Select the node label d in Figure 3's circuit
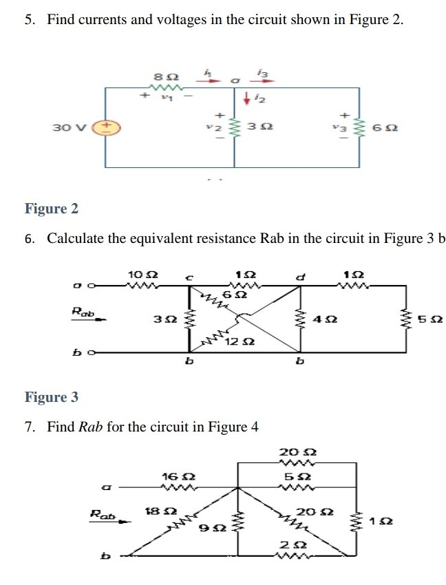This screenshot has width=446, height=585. (299, 277)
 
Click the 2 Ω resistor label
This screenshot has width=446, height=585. (289, 543)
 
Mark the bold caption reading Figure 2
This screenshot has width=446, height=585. (46, 209)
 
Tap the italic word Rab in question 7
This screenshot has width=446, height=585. (91, 427)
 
